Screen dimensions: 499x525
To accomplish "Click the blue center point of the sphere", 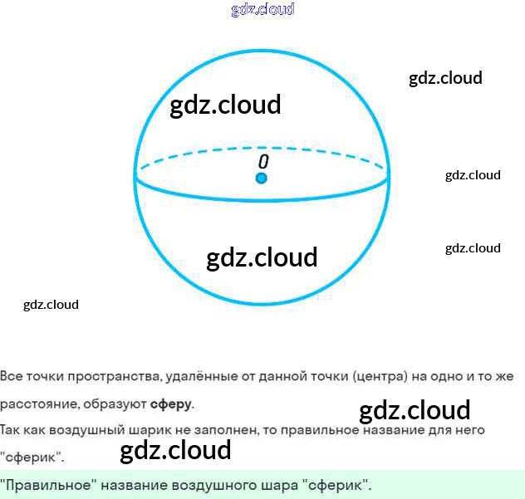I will pyautogui.click(x=261, y=179).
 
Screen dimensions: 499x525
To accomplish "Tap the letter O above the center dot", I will pyautogui.click(x=262, y=161).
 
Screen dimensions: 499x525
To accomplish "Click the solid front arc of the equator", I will pyautogui.click(x=262, y=199).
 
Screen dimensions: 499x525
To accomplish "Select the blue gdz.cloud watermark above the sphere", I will pyautogui.click(x=262, y=10).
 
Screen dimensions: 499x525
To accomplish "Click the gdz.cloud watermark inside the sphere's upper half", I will pyautogui.click(x=225, y=105).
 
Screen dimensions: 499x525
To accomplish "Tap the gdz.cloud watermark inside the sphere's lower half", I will pyautogui.click(x=262, y=257).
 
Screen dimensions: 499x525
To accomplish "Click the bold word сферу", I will pyautogui.click(x=171, y=404).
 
